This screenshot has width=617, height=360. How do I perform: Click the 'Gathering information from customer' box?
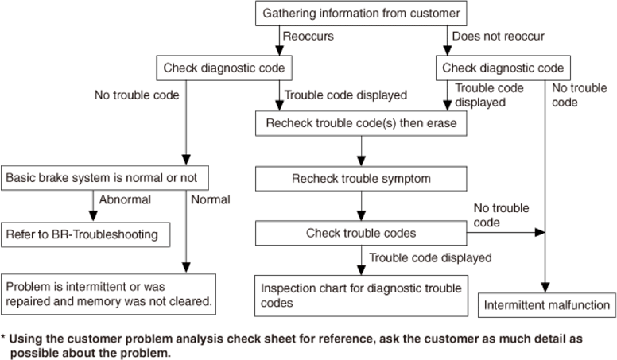click(361, 14)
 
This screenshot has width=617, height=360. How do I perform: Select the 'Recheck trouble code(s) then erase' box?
click(361, 123)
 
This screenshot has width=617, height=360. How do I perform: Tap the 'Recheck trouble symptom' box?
click(361, 179)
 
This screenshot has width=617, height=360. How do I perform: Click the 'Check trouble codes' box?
click(361, 233)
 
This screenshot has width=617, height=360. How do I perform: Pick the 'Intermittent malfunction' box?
click(546, 305)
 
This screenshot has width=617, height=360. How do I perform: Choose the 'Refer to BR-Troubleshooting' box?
click(85, 234)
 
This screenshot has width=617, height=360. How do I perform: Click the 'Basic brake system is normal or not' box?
click(105, 178)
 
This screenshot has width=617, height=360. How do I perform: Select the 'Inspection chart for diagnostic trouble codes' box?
click(361, 296)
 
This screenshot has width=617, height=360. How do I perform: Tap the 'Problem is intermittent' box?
click(108, 294)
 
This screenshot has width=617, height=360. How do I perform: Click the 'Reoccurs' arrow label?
click(308, 37)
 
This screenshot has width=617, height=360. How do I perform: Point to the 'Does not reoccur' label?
click(499, 37)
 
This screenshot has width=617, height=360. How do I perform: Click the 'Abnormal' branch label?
click(125, 200)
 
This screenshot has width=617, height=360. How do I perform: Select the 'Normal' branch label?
click(211, 200)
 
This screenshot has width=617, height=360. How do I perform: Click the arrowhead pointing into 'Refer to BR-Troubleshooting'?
click(93, 216)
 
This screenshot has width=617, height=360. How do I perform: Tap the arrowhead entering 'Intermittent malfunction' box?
click(545, 287)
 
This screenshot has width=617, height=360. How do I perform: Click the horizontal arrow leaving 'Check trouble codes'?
click(506, 233)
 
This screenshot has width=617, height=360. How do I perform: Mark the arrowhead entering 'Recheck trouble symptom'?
click(361, 161)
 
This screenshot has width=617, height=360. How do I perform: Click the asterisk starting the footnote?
click(3, 337)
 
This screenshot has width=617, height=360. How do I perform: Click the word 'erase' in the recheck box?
click(440, 123)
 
